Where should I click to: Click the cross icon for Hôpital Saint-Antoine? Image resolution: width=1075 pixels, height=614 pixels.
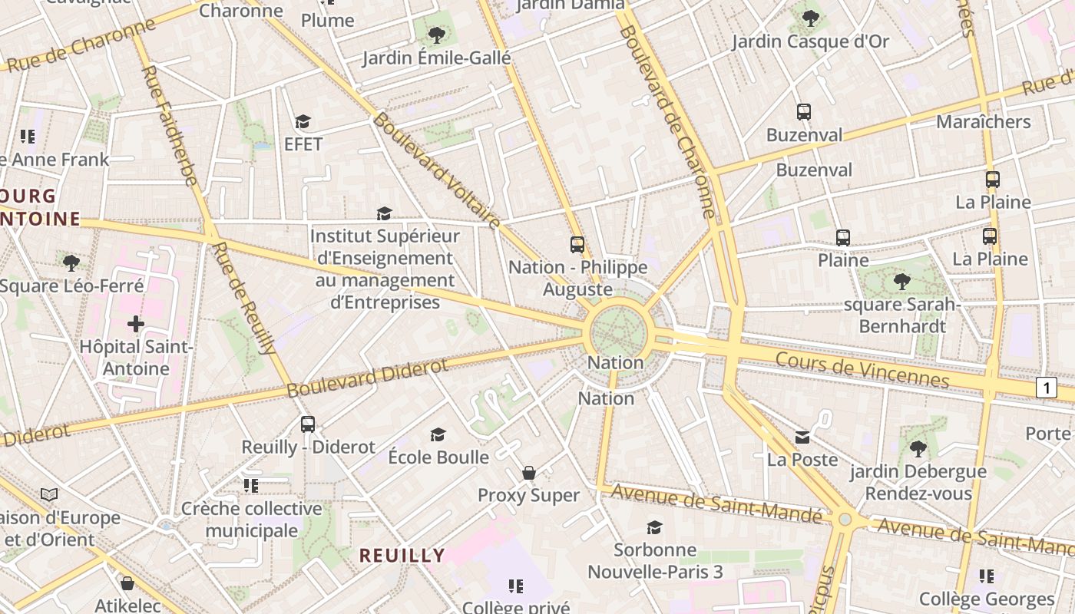(x=136, y=324)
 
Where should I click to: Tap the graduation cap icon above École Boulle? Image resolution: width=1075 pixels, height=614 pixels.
(x=438, y=435)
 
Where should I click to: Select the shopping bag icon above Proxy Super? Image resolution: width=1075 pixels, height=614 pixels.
(x=529, y=473)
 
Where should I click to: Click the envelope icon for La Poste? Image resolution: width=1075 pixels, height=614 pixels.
(x=802, y=437)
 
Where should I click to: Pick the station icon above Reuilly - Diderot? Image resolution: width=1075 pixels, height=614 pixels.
(x=308, y=424)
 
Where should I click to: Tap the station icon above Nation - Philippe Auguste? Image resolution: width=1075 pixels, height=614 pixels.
(x=577, y=245)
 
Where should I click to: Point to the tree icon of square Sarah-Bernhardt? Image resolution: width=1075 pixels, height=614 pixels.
(x=902, y=282)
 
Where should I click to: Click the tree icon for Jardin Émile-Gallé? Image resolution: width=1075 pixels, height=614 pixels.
(x=436, y=35)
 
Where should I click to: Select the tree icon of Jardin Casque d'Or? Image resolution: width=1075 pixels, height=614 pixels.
(x=810, y=18)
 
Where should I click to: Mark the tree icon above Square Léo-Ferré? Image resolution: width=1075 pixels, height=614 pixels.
(x=71, y=263)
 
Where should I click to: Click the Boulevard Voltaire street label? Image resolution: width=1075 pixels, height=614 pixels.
(x=436, y=171)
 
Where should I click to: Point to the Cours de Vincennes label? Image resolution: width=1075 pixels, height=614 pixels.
(x=862, y=369)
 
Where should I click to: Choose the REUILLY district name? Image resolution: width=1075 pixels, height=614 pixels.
(x=402, y=555)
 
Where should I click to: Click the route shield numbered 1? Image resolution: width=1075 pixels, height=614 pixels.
(x=1046, y=388)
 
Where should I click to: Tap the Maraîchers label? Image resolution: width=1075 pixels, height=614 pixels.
(x=983, y=121)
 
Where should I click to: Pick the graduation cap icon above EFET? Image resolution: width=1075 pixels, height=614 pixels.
(x=303, y=122)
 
